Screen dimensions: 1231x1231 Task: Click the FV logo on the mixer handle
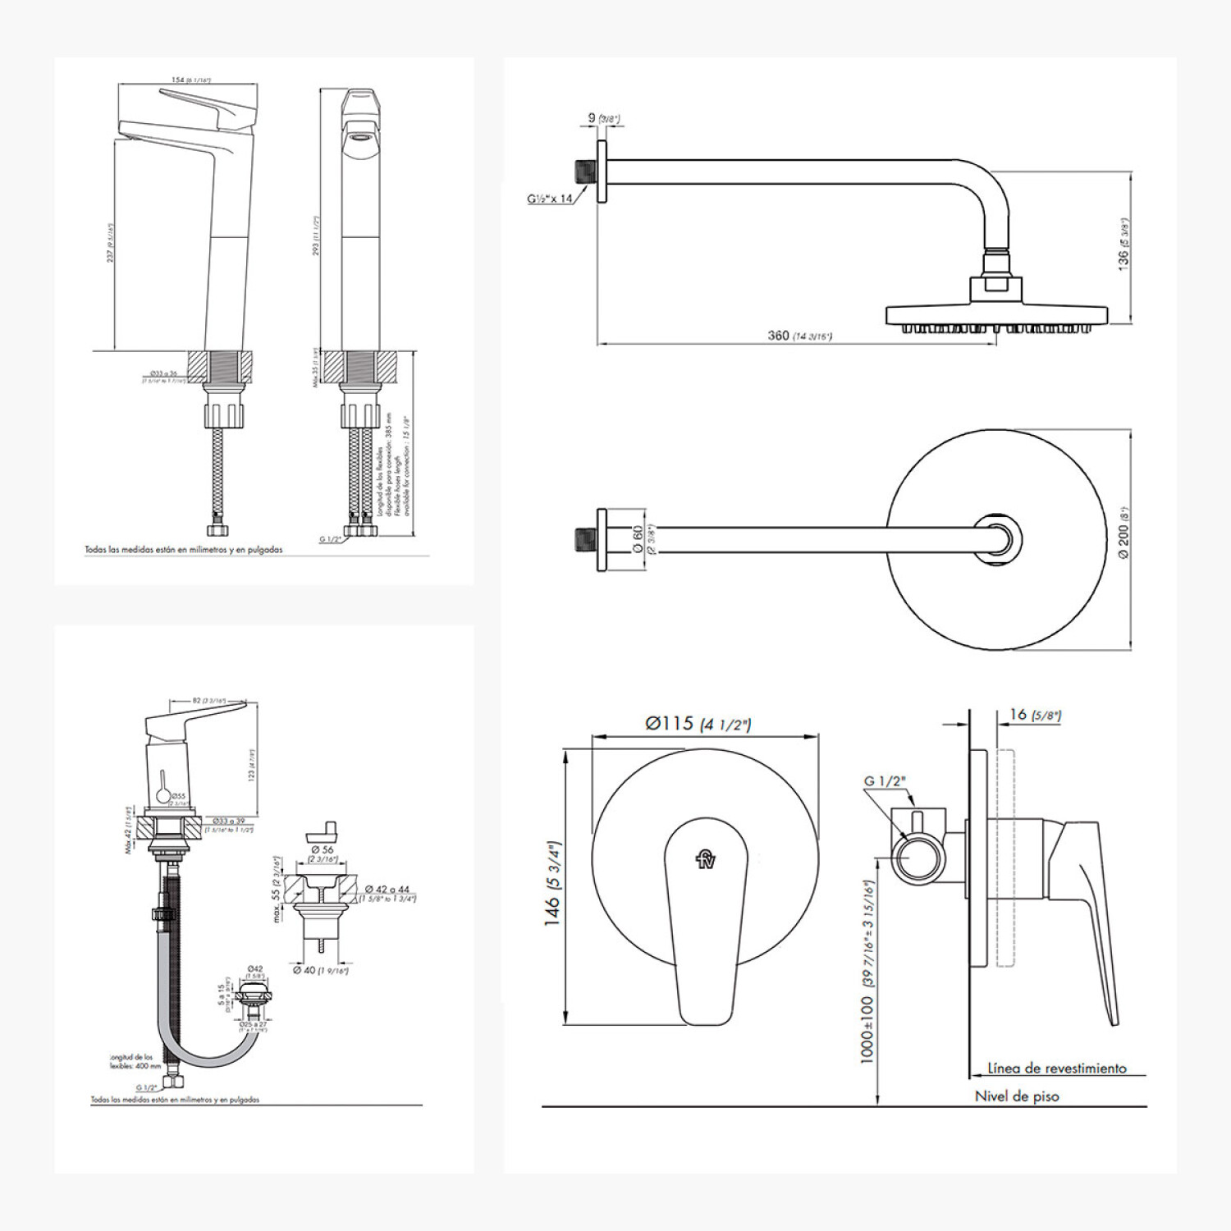706,858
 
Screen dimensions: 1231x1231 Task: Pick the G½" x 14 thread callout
550,199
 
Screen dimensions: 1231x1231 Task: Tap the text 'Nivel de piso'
1016,1096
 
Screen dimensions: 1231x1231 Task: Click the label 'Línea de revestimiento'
1056,1068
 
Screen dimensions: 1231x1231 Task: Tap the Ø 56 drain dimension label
323,850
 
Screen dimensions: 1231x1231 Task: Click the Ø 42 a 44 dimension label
387,890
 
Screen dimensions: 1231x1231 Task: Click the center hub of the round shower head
998,540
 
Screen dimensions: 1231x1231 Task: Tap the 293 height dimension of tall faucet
316,236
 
